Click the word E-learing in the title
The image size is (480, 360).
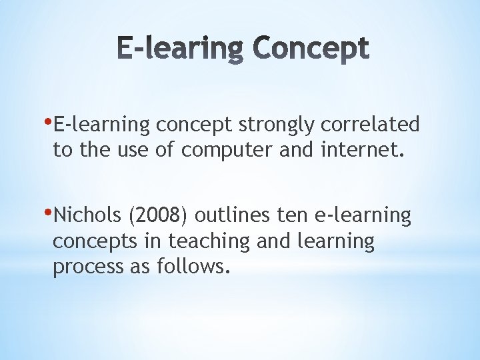[x=176, y=50]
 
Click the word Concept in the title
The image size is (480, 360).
[x=311, y=50]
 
